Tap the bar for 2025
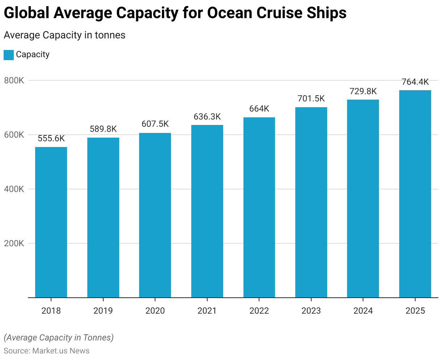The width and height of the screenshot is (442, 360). (x=415, y=194)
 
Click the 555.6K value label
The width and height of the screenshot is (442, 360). (x=51, y=138)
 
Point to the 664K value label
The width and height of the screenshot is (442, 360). (x=259, y=109)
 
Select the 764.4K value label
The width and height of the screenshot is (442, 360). (x=415, y=82)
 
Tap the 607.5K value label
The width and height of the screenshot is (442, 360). (x=155, y=124)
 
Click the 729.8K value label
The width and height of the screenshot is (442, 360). (x=363, y=91)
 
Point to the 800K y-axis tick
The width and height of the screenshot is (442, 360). (x=14, y=80)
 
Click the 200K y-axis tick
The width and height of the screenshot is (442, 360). (x=14, y=243)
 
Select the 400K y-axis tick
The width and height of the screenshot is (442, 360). (x=14, y=189)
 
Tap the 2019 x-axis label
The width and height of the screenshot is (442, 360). (x=103, y=311)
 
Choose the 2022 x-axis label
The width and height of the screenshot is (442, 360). (x=259, y=311)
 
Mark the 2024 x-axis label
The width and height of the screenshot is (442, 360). (x=363, y=311)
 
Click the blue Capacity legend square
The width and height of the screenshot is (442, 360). (x=9, y=55)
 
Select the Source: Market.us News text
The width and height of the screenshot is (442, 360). (x=47, y=351)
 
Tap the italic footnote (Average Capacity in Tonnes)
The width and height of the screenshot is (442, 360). (x=59, y=338)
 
